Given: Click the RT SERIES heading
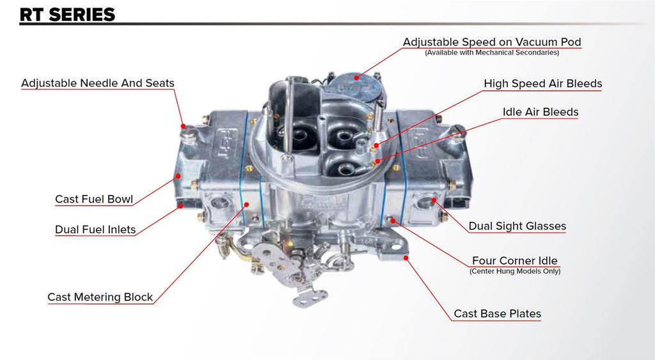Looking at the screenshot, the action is click(x=67, y=15).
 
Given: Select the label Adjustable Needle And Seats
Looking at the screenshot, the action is click(x=98, y=83).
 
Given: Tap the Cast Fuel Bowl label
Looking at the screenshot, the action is click(x=94, y=200).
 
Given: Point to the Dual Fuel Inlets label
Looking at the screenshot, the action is click(x=95, y=230).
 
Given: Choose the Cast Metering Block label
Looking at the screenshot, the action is click(x=100, y=297).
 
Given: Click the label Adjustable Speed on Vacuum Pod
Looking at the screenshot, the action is click(x=492, y=42).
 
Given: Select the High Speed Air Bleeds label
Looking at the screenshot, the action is click(x=543, y=84).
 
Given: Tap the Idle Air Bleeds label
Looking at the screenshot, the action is click(x=541, y=112).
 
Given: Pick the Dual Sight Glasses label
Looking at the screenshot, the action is click(x=517, y=226).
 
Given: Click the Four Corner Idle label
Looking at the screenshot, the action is click(x=515, y=261).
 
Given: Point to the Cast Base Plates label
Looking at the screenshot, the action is click(x=497, y=314).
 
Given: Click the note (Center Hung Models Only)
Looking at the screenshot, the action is click(x=515, y=272).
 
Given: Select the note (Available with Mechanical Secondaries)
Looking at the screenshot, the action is click(x=492, y=52).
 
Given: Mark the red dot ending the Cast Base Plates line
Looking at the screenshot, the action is click(x=406, y=258).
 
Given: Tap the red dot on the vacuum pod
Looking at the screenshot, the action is click(x=356, y=77).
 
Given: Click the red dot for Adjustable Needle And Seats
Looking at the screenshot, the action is click(x=182, y=126).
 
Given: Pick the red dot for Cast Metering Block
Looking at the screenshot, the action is click(x=246, y=205).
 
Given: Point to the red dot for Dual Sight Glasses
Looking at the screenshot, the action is click(x=434, y=200).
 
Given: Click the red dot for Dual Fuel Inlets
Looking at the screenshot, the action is click(x=180, y=206).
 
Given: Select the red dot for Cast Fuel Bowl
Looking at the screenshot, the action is click(x=178, y=176).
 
